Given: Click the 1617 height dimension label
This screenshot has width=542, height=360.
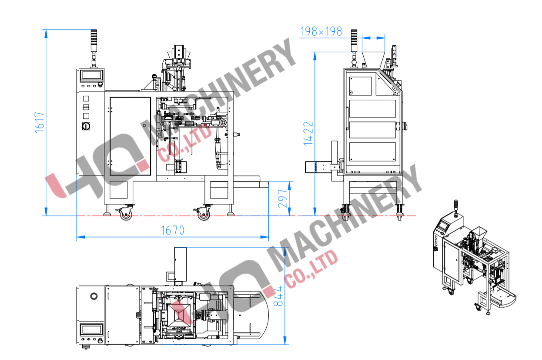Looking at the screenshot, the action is pyautogui.click(x=40, y=122).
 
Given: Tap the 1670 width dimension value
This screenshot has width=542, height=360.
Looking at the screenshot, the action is pyautogui.click(x=173, y=230).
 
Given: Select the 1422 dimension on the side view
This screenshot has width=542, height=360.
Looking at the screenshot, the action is pyautogui.click(x=308, y=133).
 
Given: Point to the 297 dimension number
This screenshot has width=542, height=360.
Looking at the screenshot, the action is pyautogui.click(x=283, y=199).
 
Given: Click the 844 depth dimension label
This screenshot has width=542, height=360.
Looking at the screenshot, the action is pyautogui.click(x=278, y=296).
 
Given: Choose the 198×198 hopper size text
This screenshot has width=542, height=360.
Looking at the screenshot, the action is pyautogui.click(x=321, y=31).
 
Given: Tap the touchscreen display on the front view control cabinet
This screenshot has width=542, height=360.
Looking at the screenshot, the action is pyautogui.click(x=92, y=75).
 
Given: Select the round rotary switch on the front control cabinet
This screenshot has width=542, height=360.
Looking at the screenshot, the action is pyautogui.click(x=86, y=126).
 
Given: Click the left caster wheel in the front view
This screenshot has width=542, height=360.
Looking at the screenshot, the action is pyautogui.click(x=126, y=214).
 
